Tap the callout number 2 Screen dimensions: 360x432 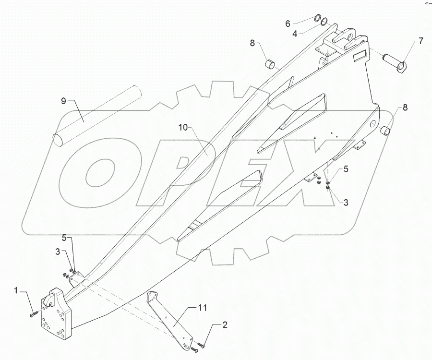coord(224,325)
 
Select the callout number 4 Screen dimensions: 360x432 coord(296,34)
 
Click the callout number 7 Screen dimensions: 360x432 coord(420,41)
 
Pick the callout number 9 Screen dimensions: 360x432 coord(63,101)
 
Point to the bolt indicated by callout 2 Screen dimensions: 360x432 coord(201,345)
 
